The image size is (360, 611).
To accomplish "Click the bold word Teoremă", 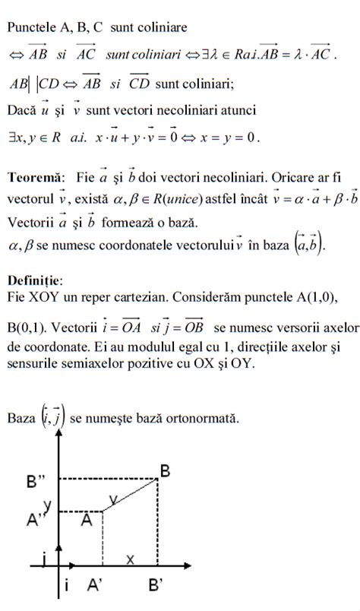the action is (36, 178).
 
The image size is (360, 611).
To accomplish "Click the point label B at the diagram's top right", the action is (165, 470).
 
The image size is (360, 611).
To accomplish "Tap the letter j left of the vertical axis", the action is (48, 562).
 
